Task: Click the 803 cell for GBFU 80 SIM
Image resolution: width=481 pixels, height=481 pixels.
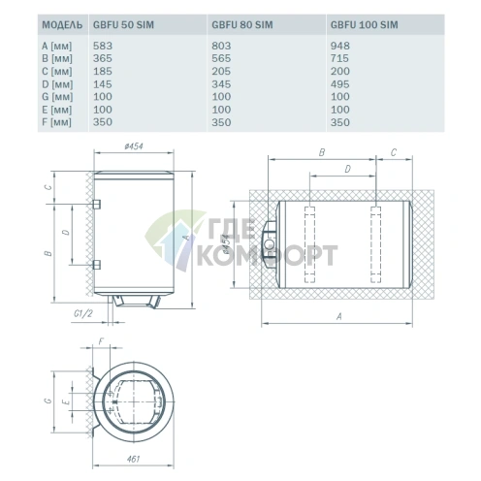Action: coord(220,45)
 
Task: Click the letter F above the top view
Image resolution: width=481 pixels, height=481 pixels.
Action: coord(101,340)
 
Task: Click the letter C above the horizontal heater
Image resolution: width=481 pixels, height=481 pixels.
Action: coord(392,152)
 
